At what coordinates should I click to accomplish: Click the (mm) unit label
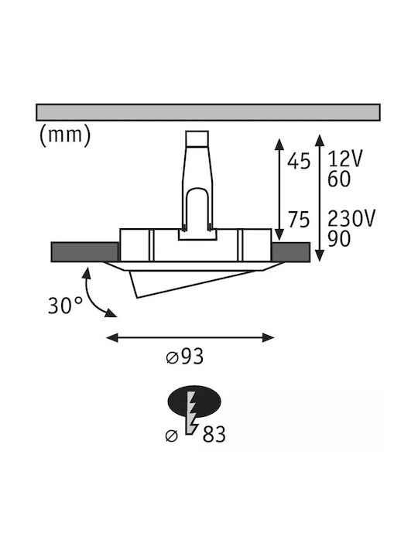65,135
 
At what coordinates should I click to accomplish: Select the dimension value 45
299,161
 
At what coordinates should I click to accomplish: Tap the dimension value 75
299,220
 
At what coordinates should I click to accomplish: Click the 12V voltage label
344,159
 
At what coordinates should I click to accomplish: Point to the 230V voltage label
351,218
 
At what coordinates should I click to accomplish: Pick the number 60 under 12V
339,179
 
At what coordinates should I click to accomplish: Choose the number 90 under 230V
339,239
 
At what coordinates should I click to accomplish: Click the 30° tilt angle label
65,305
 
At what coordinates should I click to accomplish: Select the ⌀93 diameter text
185,357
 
